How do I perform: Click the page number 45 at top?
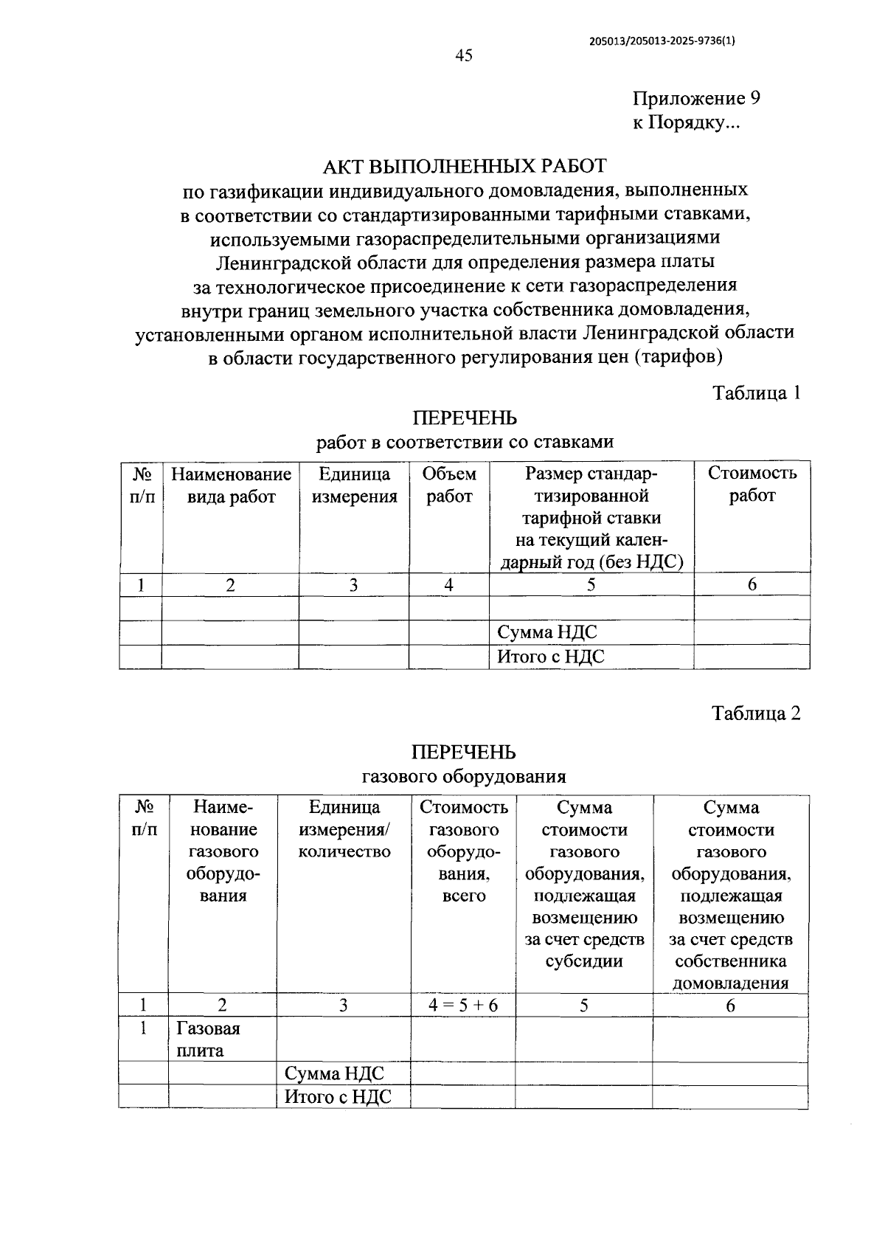(x=464, y=56)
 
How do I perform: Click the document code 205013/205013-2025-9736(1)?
(x=662, y=41)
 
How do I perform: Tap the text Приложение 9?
(x=696, y=99)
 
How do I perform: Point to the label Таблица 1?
(x=756, y=392)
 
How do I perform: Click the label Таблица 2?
(x=756, y=713)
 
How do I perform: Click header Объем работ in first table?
(x=449, y=485)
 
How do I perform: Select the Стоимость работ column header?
(x=752, y=484)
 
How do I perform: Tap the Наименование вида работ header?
(x=231, y=485)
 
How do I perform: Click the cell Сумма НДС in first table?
(x=546, y=633)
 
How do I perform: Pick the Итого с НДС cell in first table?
(x=550, y=657)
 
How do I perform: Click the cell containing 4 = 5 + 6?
(x=463, y=1006)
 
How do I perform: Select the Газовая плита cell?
(x=208, y=1039)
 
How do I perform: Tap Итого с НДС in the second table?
(x=338, y=1096)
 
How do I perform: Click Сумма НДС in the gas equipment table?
(x=334, y=1073)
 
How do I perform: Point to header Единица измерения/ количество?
(x=344, y=830)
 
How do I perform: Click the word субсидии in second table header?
(x=584, y=961)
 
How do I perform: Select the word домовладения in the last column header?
(x=730, y=983)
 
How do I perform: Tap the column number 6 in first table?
(x=752, y=585)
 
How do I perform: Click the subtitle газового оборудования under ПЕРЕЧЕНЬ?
(x=464, y=776)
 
